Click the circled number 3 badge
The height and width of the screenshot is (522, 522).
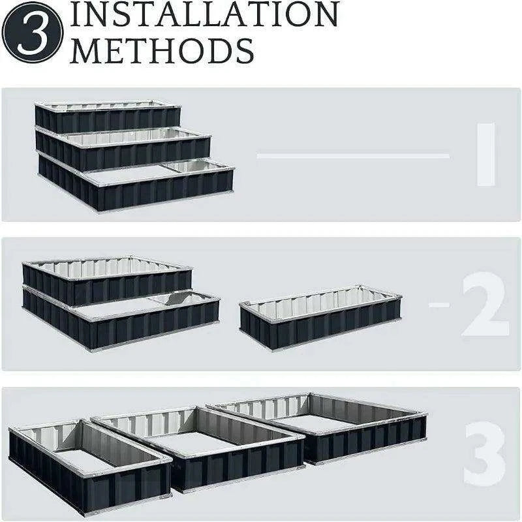tap(32, 32)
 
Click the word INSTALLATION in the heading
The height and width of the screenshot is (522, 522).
tap(204, 14)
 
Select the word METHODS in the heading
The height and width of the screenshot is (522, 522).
tap(162, 51)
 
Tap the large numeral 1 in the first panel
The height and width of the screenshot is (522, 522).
tap(486, 155)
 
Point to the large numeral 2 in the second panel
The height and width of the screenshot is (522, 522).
tap(485, 304)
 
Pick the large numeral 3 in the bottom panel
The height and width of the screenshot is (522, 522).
tap(484, 453)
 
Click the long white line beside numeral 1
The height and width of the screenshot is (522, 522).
tap(353, 155)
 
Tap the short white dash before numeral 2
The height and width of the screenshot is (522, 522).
tap(439, 304)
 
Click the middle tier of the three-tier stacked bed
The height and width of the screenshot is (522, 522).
tap(123, 149)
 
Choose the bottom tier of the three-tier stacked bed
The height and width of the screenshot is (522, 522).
tap(136, 183)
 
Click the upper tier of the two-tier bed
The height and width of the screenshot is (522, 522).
tap(107, 280)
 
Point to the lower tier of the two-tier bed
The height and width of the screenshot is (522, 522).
tap(121, 320)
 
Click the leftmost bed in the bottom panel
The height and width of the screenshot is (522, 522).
tap(90, 466)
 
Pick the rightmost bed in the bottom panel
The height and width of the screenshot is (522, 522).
tap(317, 428)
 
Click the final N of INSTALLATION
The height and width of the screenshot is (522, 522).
tap(323, 14)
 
